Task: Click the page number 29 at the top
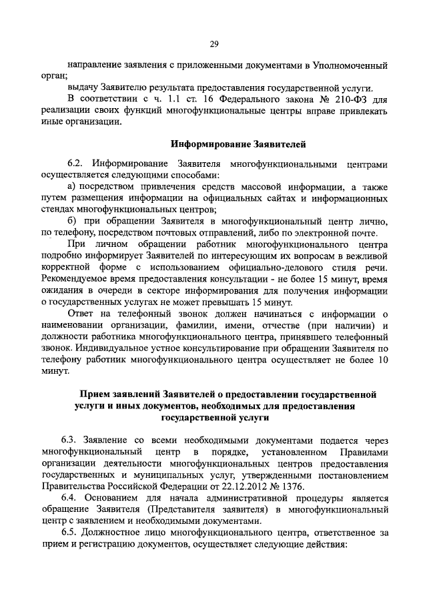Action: pos(213,45)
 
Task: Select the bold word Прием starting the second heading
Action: pos(94,394)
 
